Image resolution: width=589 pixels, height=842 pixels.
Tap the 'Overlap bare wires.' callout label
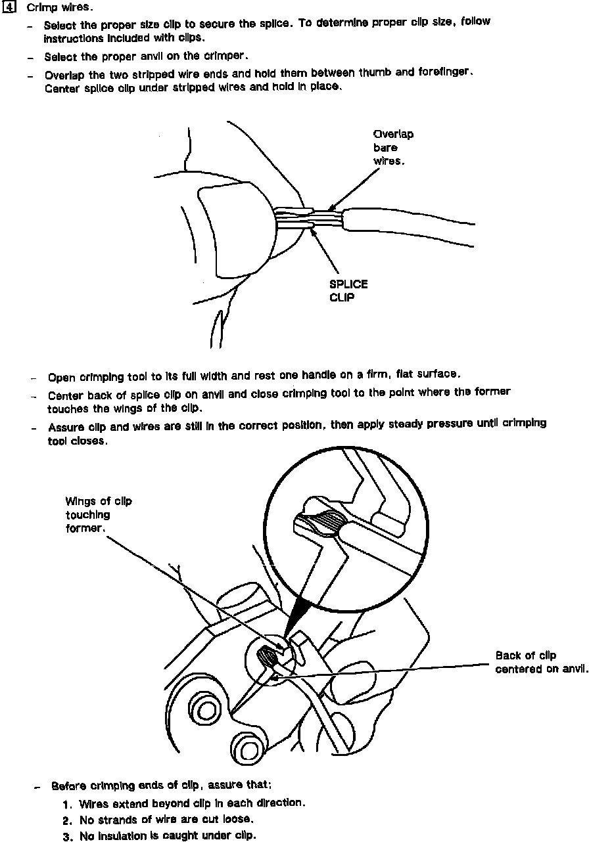click(x=393, y=148)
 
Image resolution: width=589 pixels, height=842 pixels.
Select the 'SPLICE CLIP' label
click(x=348, y=290)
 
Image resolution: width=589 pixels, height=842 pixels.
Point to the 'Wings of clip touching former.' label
click(x=98, y=515)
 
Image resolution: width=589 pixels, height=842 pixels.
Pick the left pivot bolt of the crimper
click(x=206, y=710)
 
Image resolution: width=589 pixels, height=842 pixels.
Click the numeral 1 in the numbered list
click(x=67, y=804)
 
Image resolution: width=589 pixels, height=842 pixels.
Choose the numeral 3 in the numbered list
click(x=67, y=837)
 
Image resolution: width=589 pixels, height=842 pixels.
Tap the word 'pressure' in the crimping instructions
click(x=417, y=424)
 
